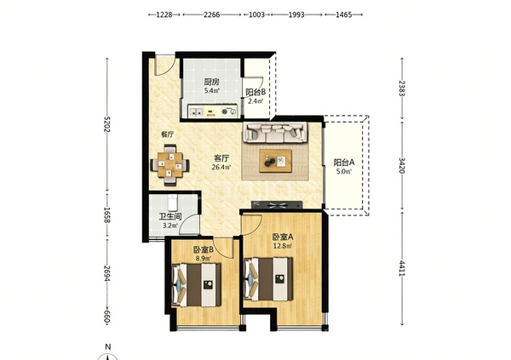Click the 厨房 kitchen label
click(x=211, y=82)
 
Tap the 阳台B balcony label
click(x=255, y=92)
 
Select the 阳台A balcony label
click(x=344, y=163)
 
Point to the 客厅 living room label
click(x=221, y=158)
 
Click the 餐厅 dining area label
click(x=167, y=134)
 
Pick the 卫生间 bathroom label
click(x=170, y=217)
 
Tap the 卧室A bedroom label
click(x=283, y=237)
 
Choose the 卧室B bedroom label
click(x=203, y=250)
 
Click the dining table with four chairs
click(x=169, y=165)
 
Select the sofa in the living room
click(x=275, y=132)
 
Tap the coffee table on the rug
click(x=276, y=161)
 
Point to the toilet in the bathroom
click(x=172, y=203)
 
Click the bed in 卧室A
click(x=268, y=279)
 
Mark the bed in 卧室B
click(x=196, y=285)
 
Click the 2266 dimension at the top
click(x=212, y=14)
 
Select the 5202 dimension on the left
click(x=106, y=124)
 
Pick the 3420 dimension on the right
click(x=402, y=165)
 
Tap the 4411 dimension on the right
click(x=402, y=268)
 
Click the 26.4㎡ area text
click(x=221, y=168)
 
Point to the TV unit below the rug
click(x=277, y=205)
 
